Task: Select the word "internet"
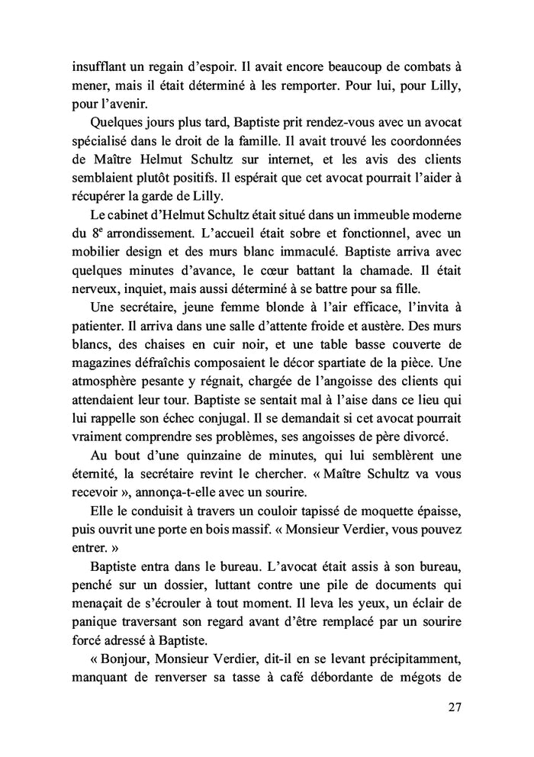267,162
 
